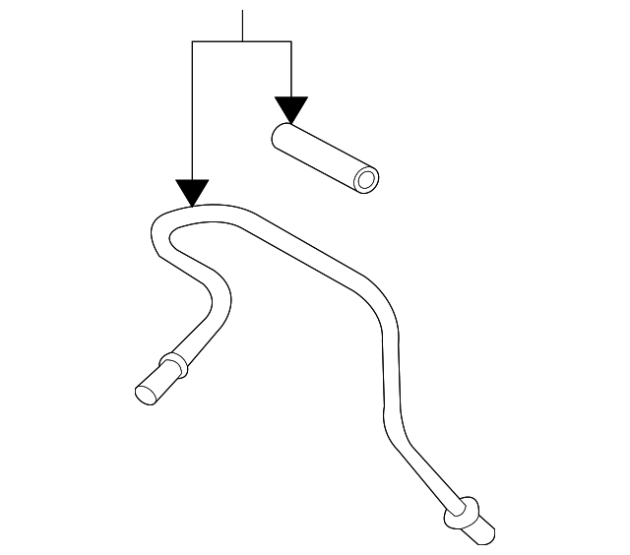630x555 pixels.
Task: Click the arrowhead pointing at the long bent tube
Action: [x=192, y=192]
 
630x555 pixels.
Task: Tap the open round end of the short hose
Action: [x=367, y=180]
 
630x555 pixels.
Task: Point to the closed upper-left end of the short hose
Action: [x=282, y=135]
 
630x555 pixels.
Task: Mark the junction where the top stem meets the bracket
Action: [x=242, y=41]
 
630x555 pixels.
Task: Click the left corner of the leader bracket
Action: [x=193, y=41]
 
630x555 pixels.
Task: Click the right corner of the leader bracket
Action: [x=291, y=41]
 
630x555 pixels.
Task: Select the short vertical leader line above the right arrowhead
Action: [x=291, y=69]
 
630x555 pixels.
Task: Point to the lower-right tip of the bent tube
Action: [x=481, y=535]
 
